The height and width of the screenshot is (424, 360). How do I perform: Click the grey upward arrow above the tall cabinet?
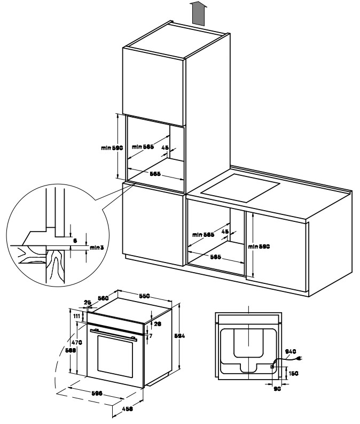pyautogui.click(x=198, y=13)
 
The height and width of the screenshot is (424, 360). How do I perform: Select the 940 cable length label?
pyautogui.click(x=290, y=351)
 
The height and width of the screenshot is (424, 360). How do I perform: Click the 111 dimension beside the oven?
pyautogui.click(x=77, y=317)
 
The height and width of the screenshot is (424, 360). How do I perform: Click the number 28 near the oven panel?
pyautogui.click(x=156, y=325)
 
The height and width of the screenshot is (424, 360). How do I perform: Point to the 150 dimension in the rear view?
pyautogui.click(x=293, y=373)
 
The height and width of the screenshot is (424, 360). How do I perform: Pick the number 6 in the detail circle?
pyautogui.click(x=75, y=241)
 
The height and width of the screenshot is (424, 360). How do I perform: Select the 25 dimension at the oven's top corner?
pyautogui.click(x=87, y=303)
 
